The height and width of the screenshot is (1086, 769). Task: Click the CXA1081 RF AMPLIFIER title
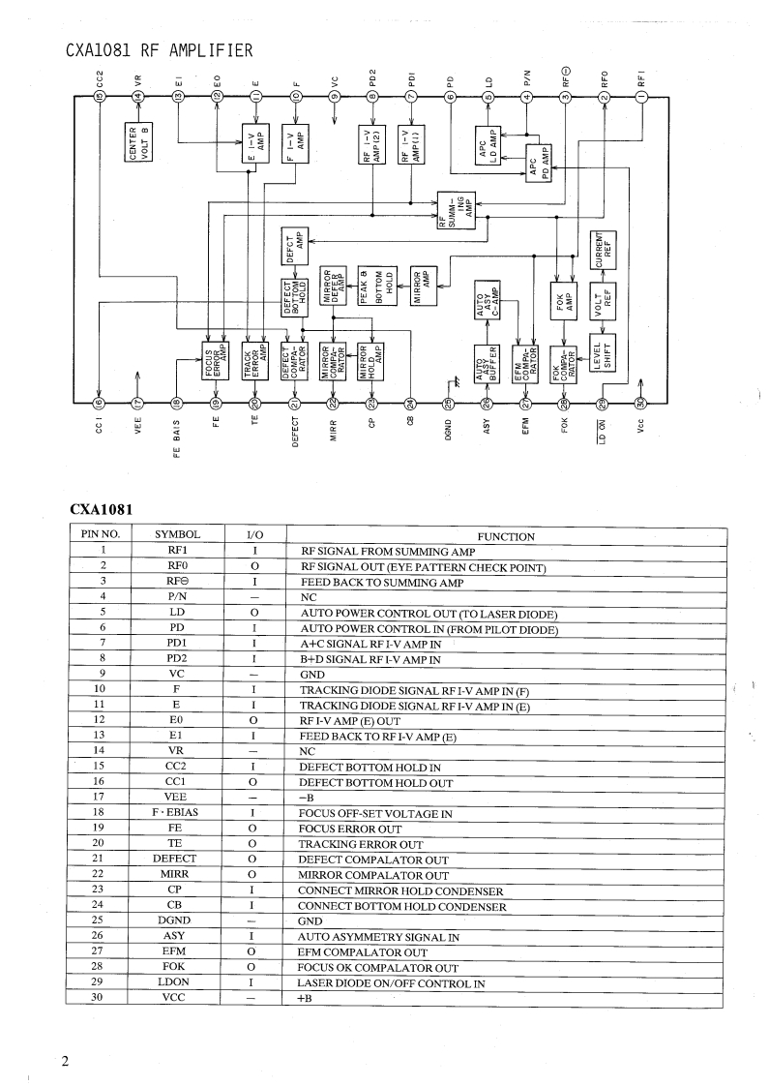tap(160, 51)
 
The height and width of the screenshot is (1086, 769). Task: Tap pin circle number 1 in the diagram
tap(640, 96)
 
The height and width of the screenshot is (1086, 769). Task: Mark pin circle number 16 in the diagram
tap(98, 404)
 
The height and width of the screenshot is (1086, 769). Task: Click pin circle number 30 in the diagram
tap(640, 404)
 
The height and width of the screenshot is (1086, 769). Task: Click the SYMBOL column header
tap(177, 534)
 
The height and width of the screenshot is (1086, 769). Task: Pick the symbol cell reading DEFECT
tap(175, 859)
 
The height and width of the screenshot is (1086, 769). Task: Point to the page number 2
tap(65, 1061)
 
